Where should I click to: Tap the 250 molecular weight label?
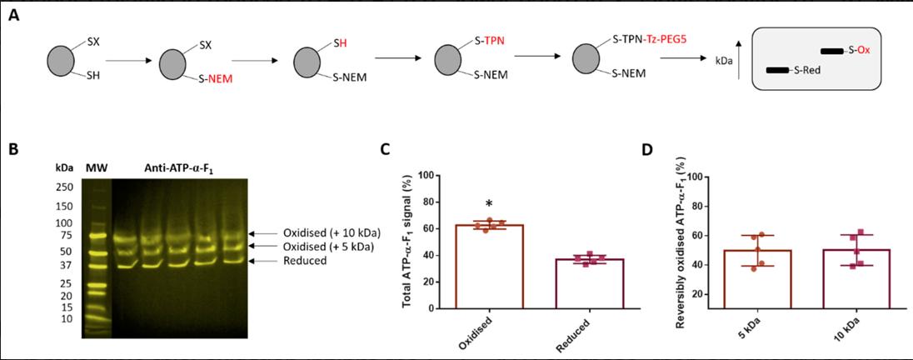click(x=65, y=187)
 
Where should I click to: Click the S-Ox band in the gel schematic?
click(x=832, y=52)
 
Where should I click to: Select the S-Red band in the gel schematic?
click(x=778, y=70)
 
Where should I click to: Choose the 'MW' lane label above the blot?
click(x=97, y=168)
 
